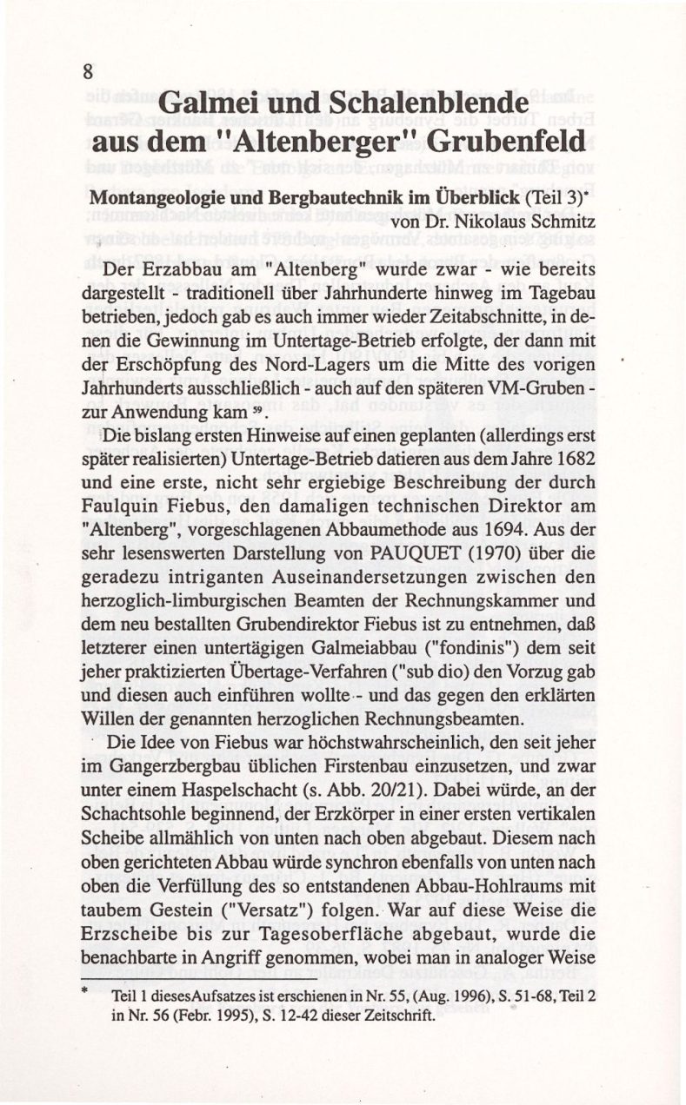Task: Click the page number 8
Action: (x=88, y=73)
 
